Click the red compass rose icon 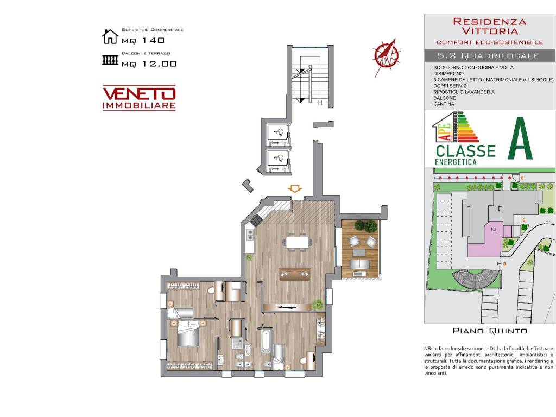(386, 54)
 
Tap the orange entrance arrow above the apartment (295, 188)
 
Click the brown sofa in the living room (294, 274)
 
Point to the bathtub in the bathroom (266, 341)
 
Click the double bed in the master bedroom (188, 332)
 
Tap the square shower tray (236, 343)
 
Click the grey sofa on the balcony (358, 264)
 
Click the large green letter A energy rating (520, 139)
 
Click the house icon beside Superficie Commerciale (110, 36)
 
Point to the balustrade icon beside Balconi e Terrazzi (110, 60)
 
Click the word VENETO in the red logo (139, 93)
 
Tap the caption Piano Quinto (490, 331)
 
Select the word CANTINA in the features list (444, 104)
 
